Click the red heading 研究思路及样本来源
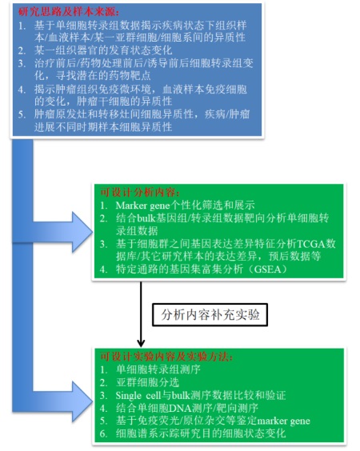68,12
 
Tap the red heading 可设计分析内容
140,193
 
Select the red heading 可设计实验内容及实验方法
166,357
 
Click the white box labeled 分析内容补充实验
210,315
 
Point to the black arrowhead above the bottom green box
141,342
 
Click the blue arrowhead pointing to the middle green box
82,232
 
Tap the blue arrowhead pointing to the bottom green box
82,401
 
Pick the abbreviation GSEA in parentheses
267,269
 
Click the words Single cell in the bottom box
138,396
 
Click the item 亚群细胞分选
148,382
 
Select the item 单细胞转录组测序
158,369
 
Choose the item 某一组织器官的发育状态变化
103,50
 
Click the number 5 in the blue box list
22,114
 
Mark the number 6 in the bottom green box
103,433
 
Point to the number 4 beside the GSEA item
103,269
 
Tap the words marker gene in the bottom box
283,421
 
